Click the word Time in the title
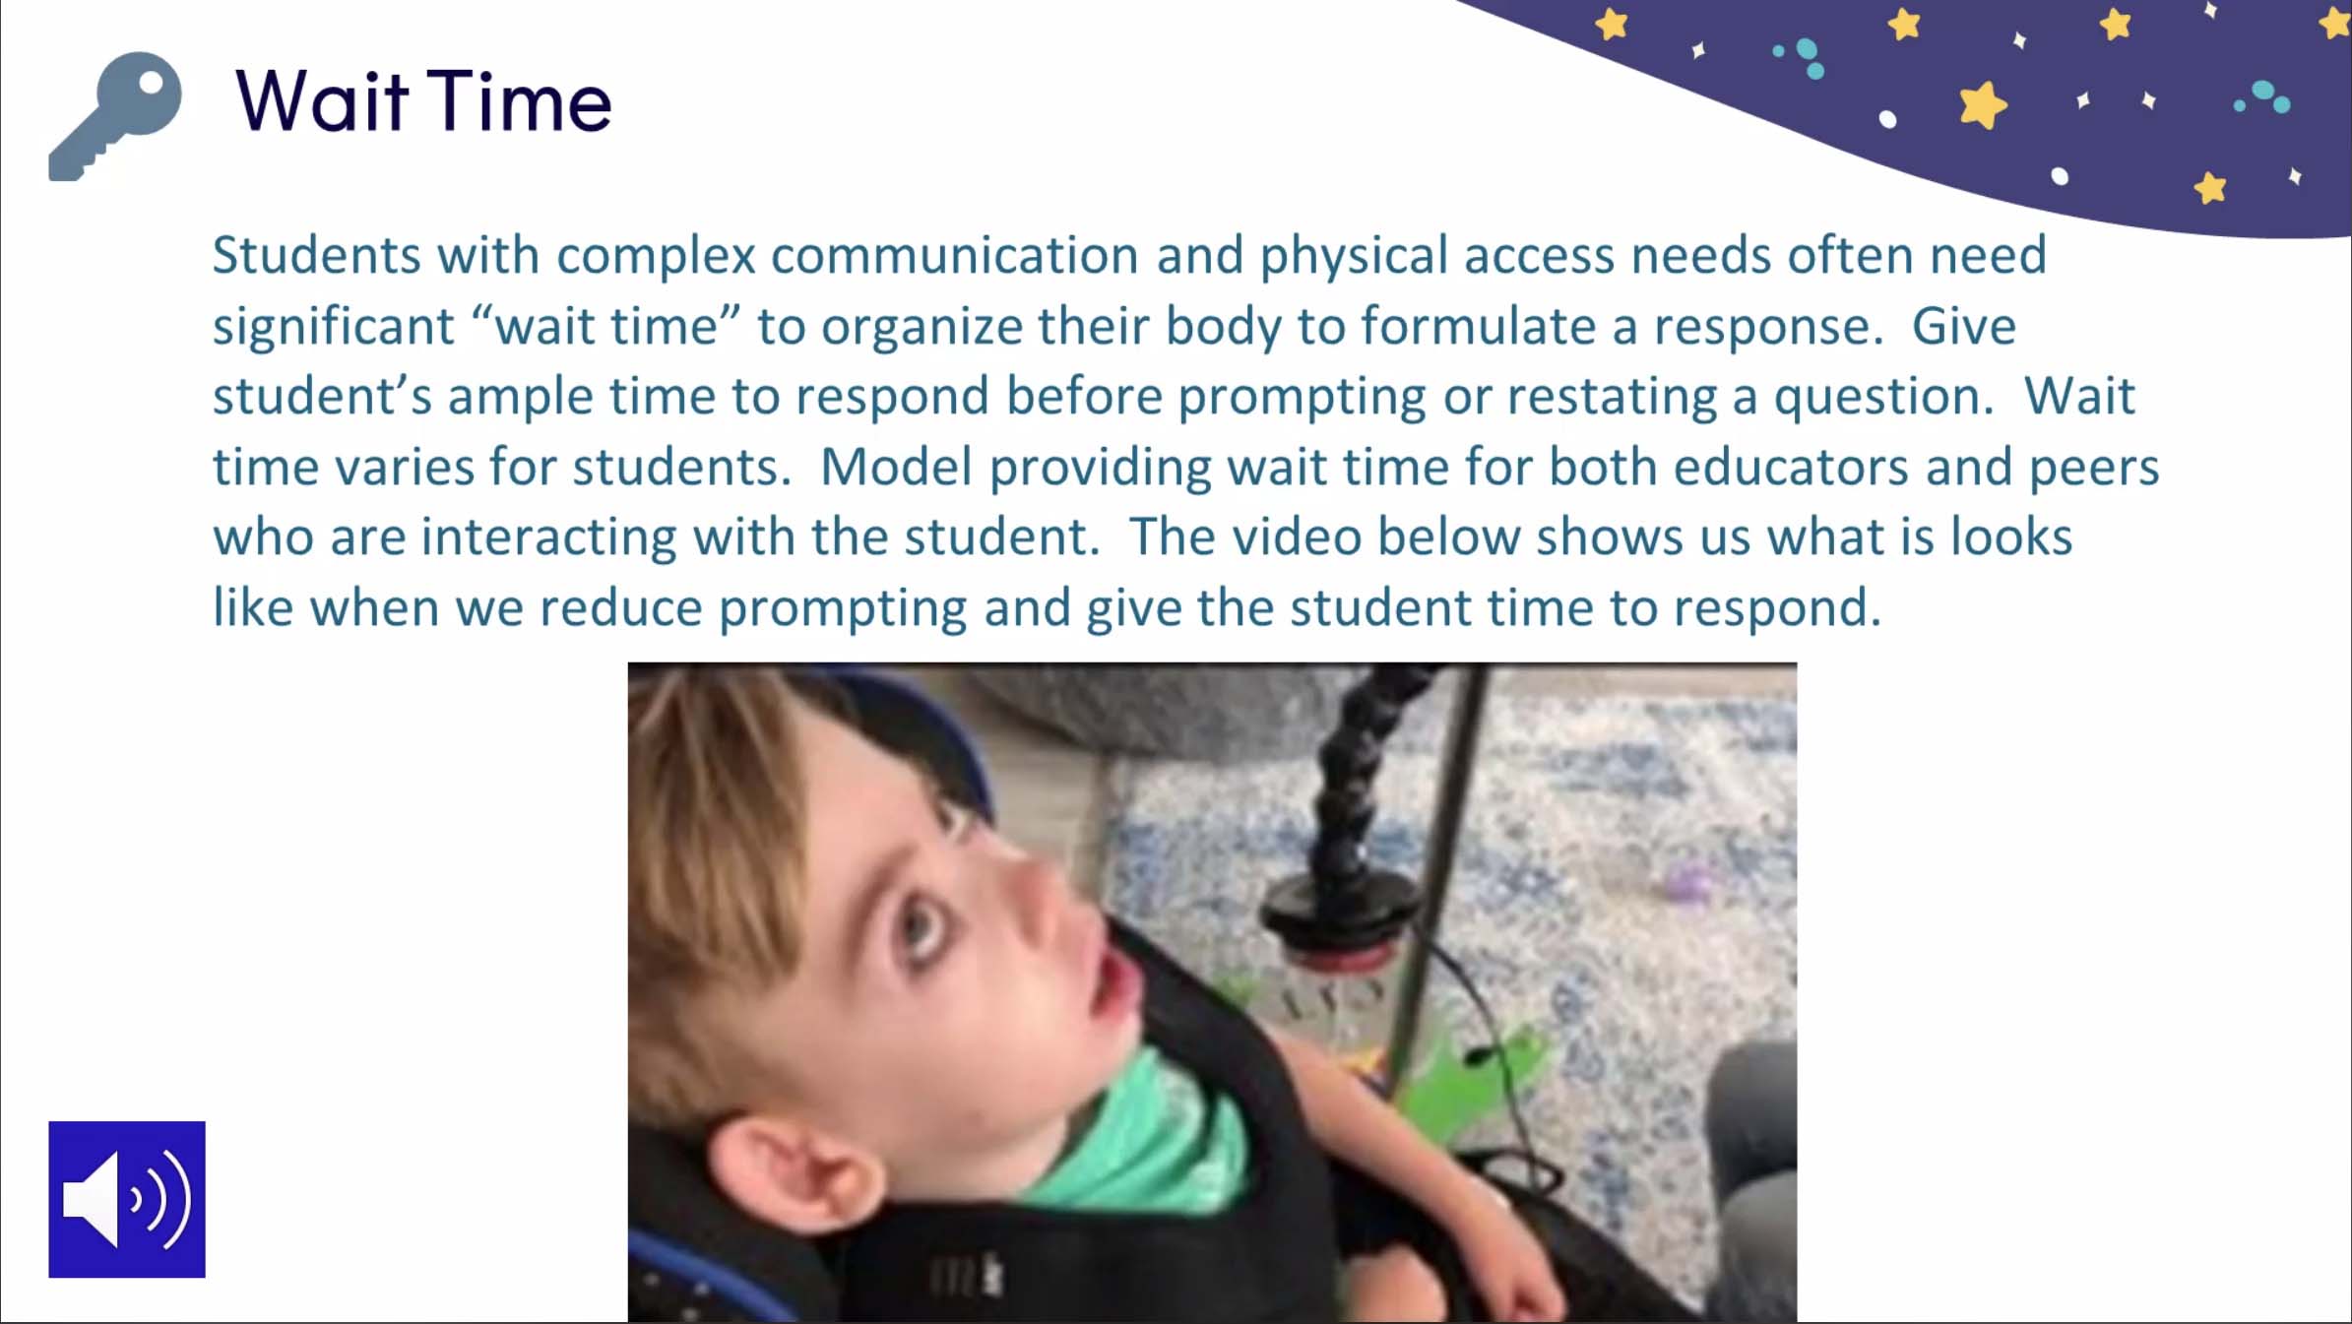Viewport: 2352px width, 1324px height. (x=520, y=100)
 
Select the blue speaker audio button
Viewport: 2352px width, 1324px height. (x=127, y=1199)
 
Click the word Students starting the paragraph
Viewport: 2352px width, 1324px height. (x=317, y=255)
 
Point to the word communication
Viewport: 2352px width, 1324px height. (x=954, y=255)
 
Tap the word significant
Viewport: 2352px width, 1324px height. (x=333, y=326)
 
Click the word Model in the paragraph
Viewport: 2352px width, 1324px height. (x=896, y=467)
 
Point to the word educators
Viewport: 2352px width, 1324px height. (x=1791, y=467)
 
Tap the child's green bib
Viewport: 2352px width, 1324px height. (x=1132, y=1132)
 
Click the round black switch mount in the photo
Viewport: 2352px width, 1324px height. (x=1339, y=911)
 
